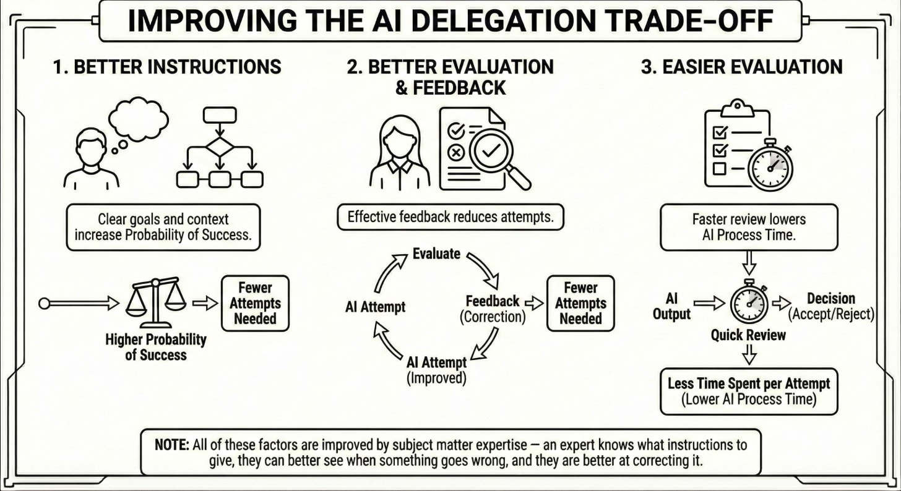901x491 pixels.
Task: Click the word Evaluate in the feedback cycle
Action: [x=437, y=254]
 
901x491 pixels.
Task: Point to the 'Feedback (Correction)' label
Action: [x=493, y=309]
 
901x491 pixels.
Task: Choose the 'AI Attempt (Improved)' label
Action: [x=437, y=369]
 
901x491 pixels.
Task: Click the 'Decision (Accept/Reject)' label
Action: [x=830, y=307]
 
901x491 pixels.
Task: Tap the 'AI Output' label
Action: [x=671, y=307]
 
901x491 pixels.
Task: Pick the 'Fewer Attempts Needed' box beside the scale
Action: [x=254, y=303]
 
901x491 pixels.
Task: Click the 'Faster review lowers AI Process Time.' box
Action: [x=749, y=228]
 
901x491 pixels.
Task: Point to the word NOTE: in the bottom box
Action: [x=171, y=445]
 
